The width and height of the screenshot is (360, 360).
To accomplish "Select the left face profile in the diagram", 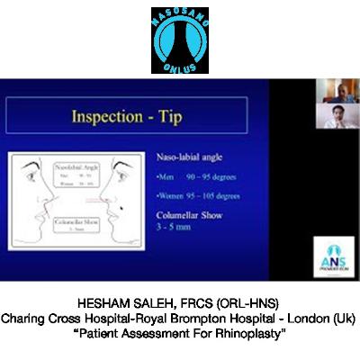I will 35,207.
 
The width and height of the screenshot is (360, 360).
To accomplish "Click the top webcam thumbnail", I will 329,89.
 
